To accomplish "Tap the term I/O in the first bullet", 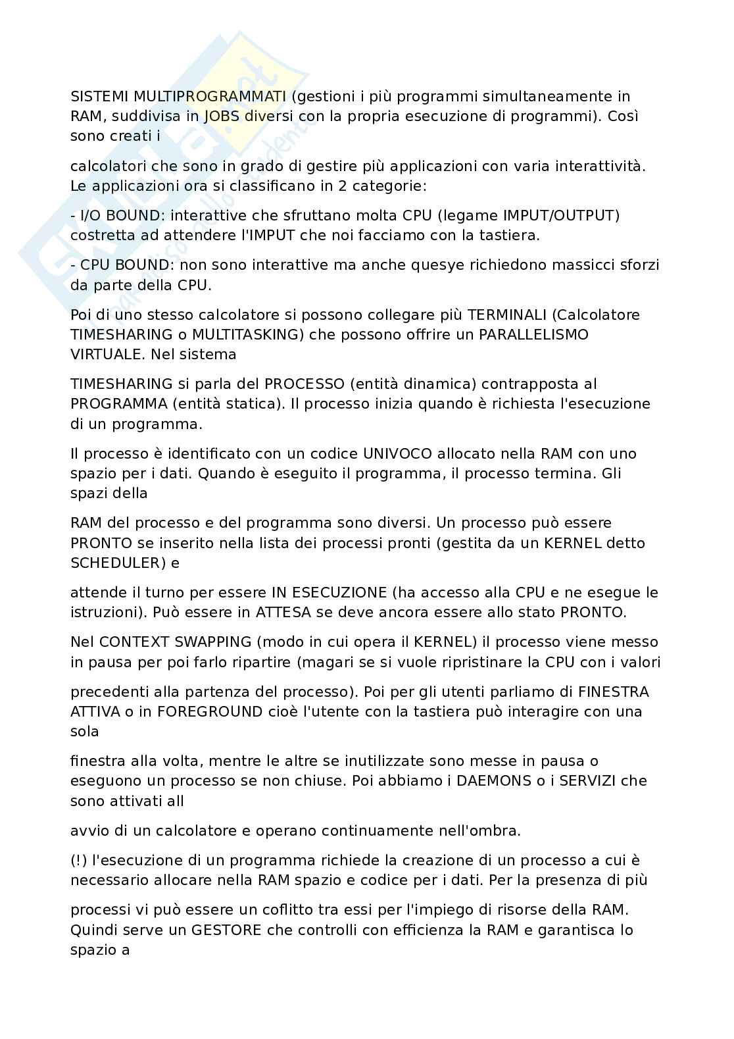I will coord(91,215).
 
